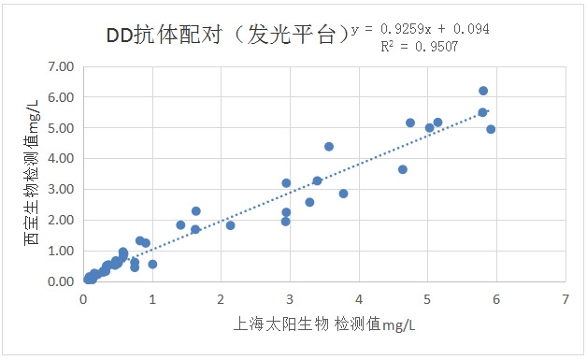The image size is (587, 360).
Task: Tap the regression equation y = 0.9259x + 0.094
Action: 419,29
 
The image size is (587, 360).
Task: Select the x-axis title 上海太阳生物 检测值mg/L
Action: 323,324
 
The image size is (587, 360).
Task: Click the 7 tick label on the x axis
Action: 566,299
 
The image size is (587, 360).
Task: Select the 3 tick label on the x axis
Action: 290,299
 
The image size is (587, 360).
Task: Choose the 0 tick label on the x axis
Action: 83,299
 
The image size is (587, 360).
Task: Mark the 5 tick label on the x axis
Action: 428,299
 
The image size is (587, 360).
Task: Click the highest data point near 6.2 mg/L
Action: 483,91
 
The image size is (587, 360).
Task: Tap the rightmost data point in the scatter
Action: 491,129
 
